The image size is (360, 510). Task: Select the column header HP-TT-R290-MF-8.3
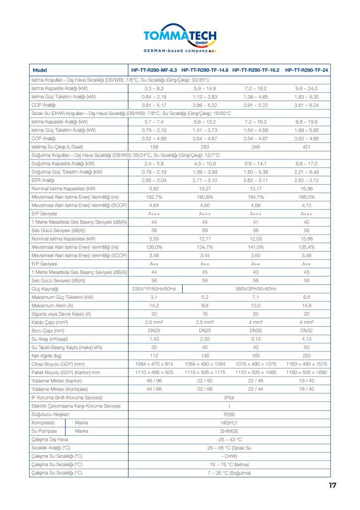pyautogui.click(x=154, y=70)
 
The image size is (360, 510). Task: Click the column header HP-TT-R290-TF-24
pyautogui.click(x=306, y=70)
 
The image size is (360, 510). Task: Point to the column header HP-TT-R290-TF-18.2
pyautogui.click(x=255, y=70)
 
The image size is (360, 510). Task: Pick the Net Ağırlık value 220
pyautogui.click(x=306, y=356)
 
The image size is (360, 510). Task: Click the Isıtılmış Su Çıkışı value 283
pyautogui.click(x=205, y=147)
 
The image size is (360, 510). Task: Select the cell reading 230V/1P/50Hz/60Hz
pyautogui.click(x=154, y=289)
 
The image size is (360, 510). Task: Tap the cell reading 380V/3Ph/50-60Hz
pyautogui.click(x=255, y=289)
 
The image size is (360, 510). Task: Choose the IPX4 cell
pyautogui.click(x=230, y=397)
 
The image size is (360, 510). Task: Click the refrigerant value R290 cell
pyautogui.click(x=230, y=414)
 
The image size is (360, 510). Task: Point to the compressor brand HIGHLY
pyautogui.click(x=230, y=422)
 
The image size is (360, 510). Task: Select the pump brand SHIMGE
pyautogui.click(x=230, y=431)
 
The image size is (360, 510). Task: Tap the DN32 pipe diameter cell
pyautogui.click(x=306, y=331)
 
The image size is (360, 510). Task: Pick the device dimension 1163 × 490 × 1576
pyautogui.click(x=306, y=364)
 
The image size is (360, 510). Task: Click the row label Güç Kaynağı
pyautogui.click(x=45, y=289)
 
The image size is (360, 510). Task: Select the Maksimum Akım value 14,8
pyautogui.click(x=306, y=305)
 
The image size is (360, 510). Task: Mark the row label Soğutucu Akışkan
pyautogui.click(x=50, y=414)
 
